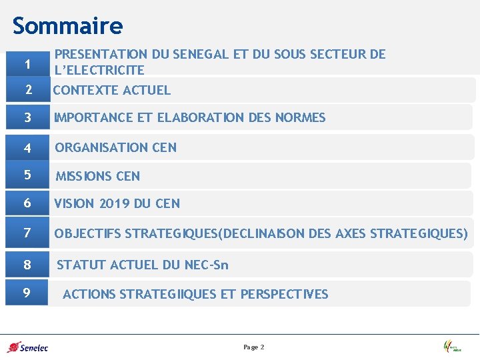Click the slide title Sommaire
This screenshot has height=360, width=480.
(67, 26)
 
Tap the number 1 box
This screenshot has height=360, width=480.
(27, 64)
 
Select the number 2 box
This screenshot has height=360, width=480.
(27, 90)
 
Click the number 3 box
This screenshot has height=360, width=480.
(27, 118)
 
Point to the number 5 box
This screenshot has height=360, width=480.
(27, 175)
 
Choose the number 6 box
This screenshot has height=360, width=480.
(27, 203)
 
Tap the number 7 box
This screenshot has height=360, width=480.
(27, 233)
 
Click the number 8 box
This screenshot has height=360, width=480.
(27, 265)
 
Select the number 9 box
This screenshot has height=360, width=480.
(27, 293)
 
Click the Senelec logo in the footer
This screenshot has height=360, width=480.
(27, 347)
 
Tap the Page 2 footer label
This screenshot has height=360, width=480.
(254, 347)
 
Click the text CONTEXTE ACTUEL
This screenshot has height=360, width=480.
(112, 90)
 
